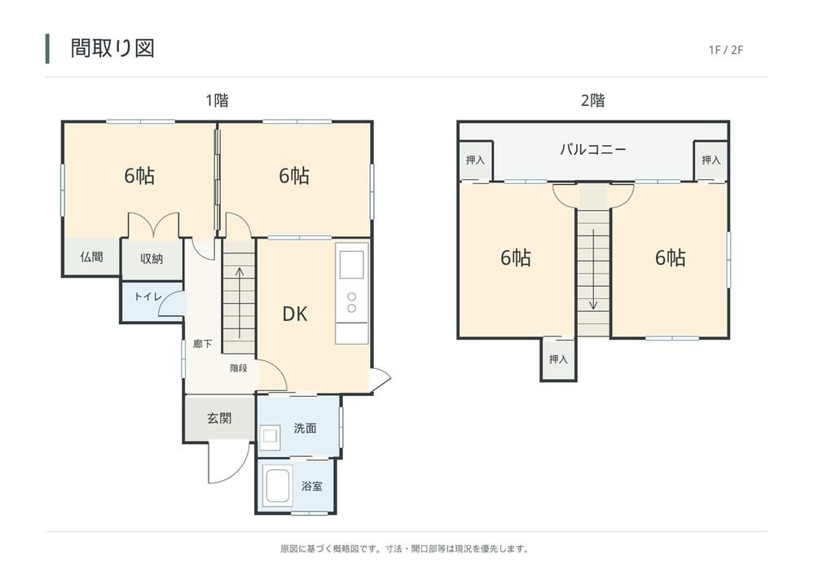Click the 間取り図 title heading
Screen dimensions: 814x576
click(112, 48)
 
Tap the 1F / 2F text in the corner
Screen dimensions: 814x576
click(726, 50)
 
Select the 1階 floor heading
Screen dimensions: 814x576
click(217, 100)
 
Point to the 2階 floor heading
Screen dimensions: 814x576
click(593, 100)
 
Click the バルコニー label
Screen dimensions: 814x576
click(593, 150)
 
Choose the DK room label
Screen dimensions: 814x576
click(295, 314)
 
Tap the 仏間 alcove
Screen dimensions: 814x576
click(92, 257)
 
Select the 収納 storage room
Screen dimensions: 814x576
click(152, 259)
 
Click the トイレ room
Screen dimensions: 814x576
click(152, 301)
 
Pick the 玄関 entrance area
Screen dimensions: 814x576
click(220, 418)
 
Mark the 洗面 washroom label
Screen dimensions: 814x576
click(305, 428)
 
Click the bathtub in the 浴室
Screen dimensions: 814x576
click(277, 486)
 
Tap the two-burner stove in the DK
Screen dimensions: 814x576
click(351, 302)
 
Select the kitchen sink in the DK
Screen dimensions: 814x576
click(351, 264)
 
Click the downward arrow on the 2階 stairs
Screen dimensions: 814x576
click(593, 270)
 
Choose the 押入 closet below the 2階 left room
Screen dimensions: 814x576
click(559, 359)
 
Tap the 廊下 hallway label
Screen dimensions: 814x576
click(202, 344)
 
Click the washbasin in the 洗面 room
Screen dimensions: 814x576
click(269, 437)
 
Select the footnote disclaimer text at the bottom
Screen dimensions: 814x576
click(405, 548)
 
